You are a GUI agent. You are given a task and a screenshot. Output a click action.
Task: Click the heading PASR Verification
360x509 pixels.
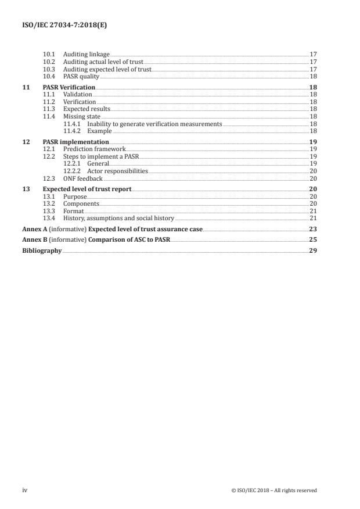(69, 87)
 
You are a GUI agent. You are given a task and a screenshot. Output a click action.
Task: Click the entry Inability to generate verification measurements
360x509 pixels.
(154, 124)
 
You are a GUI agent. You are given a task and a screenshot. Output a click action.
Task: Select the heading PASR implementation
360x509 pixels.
(75, 142)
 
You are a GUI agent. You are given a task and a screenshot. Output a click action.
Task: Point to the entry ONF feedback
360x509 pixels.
(82, 178)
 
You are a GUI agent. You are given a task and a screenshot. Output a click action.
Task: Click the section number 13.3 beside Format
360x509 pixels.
(49, 211)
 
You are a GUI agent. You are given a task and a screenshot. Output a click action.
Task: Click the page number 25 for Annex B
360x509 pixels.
(313, 239)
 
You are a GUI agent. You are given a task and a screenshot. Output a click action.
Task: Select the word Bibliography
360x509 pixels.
(42, 250)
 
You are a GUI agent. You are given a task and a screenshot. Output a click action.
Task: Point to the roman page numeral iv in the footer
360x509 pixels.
(24, 490)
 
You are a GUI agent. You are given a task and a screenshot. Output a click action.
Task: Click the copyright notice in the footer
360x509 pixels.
(273, 490)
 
